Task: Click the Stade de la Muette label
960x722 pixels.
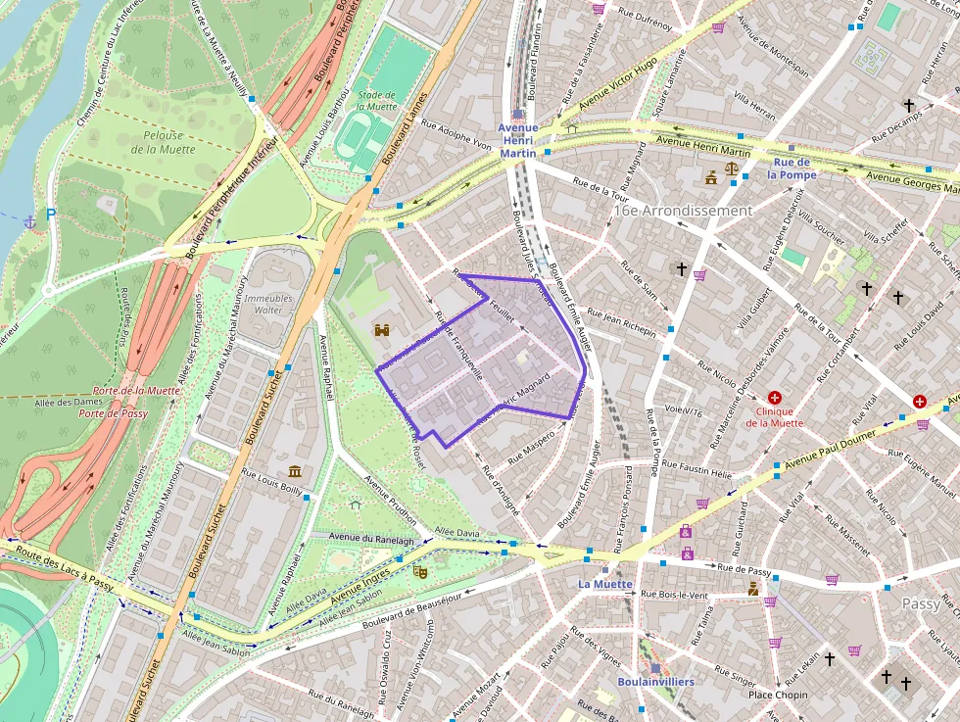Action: click(x=377, y=100)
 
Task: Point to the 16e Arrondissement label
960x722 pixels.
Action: click(x=683, y=211)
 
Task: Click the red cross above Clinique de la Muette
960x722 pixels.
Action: click(x=775, y=398)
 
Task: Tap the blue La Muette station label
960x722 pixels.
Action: click(x=605, y=584)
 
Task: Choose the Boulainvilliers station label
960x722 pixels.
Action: click(x=655, y=681)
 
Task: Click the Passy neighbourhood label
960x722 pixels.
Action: click(x=921, y=604)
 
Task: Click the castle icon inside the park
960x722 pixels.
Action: click(x=382, y=331)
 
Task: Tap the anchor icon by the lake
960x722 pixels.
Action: click(x=29, y=221)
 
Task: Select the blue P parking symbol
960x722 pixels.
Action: click(x=51, y=213)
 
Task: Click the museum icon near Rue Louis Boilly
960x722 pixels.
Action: click(x=295, y=472)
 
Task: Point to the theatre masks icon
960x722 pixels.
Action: click(x=421, y=571)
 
